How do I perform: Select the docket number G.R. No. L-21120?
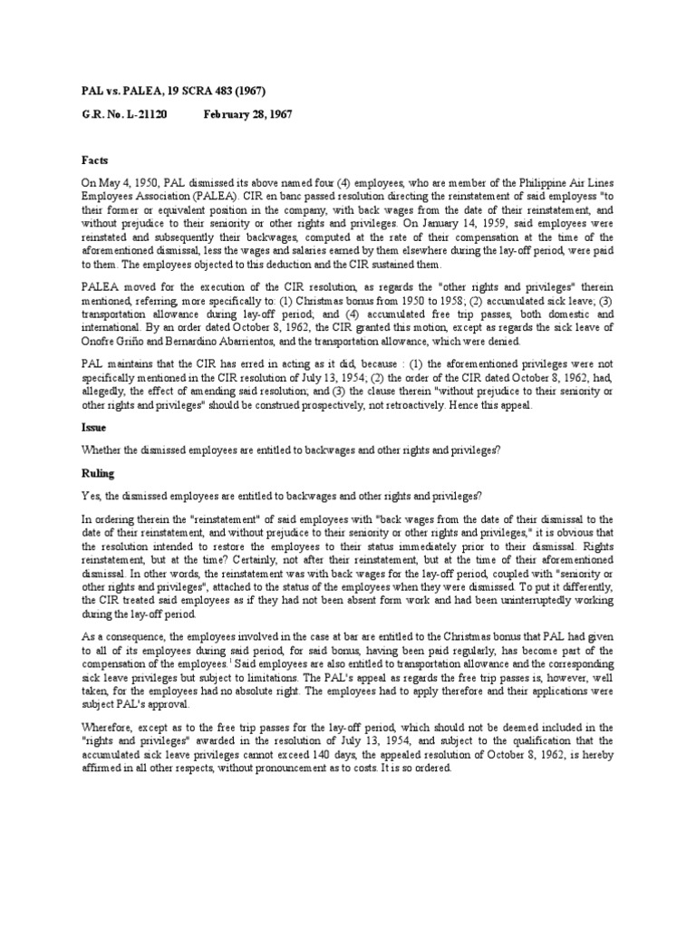tap(123, 114)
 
